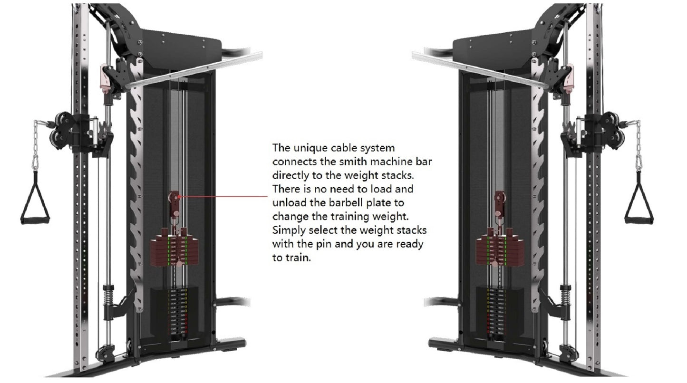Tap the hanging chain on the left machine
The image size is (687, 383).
35,144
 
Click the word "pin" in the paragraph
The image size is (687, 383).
324,244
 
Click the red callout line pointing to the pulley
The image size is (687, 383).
223,196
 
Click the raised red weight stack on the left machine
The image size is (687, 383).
174,249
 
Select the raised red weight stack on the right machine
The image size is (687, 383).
500,249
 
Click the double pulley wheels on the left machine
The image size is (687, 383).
60,130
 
